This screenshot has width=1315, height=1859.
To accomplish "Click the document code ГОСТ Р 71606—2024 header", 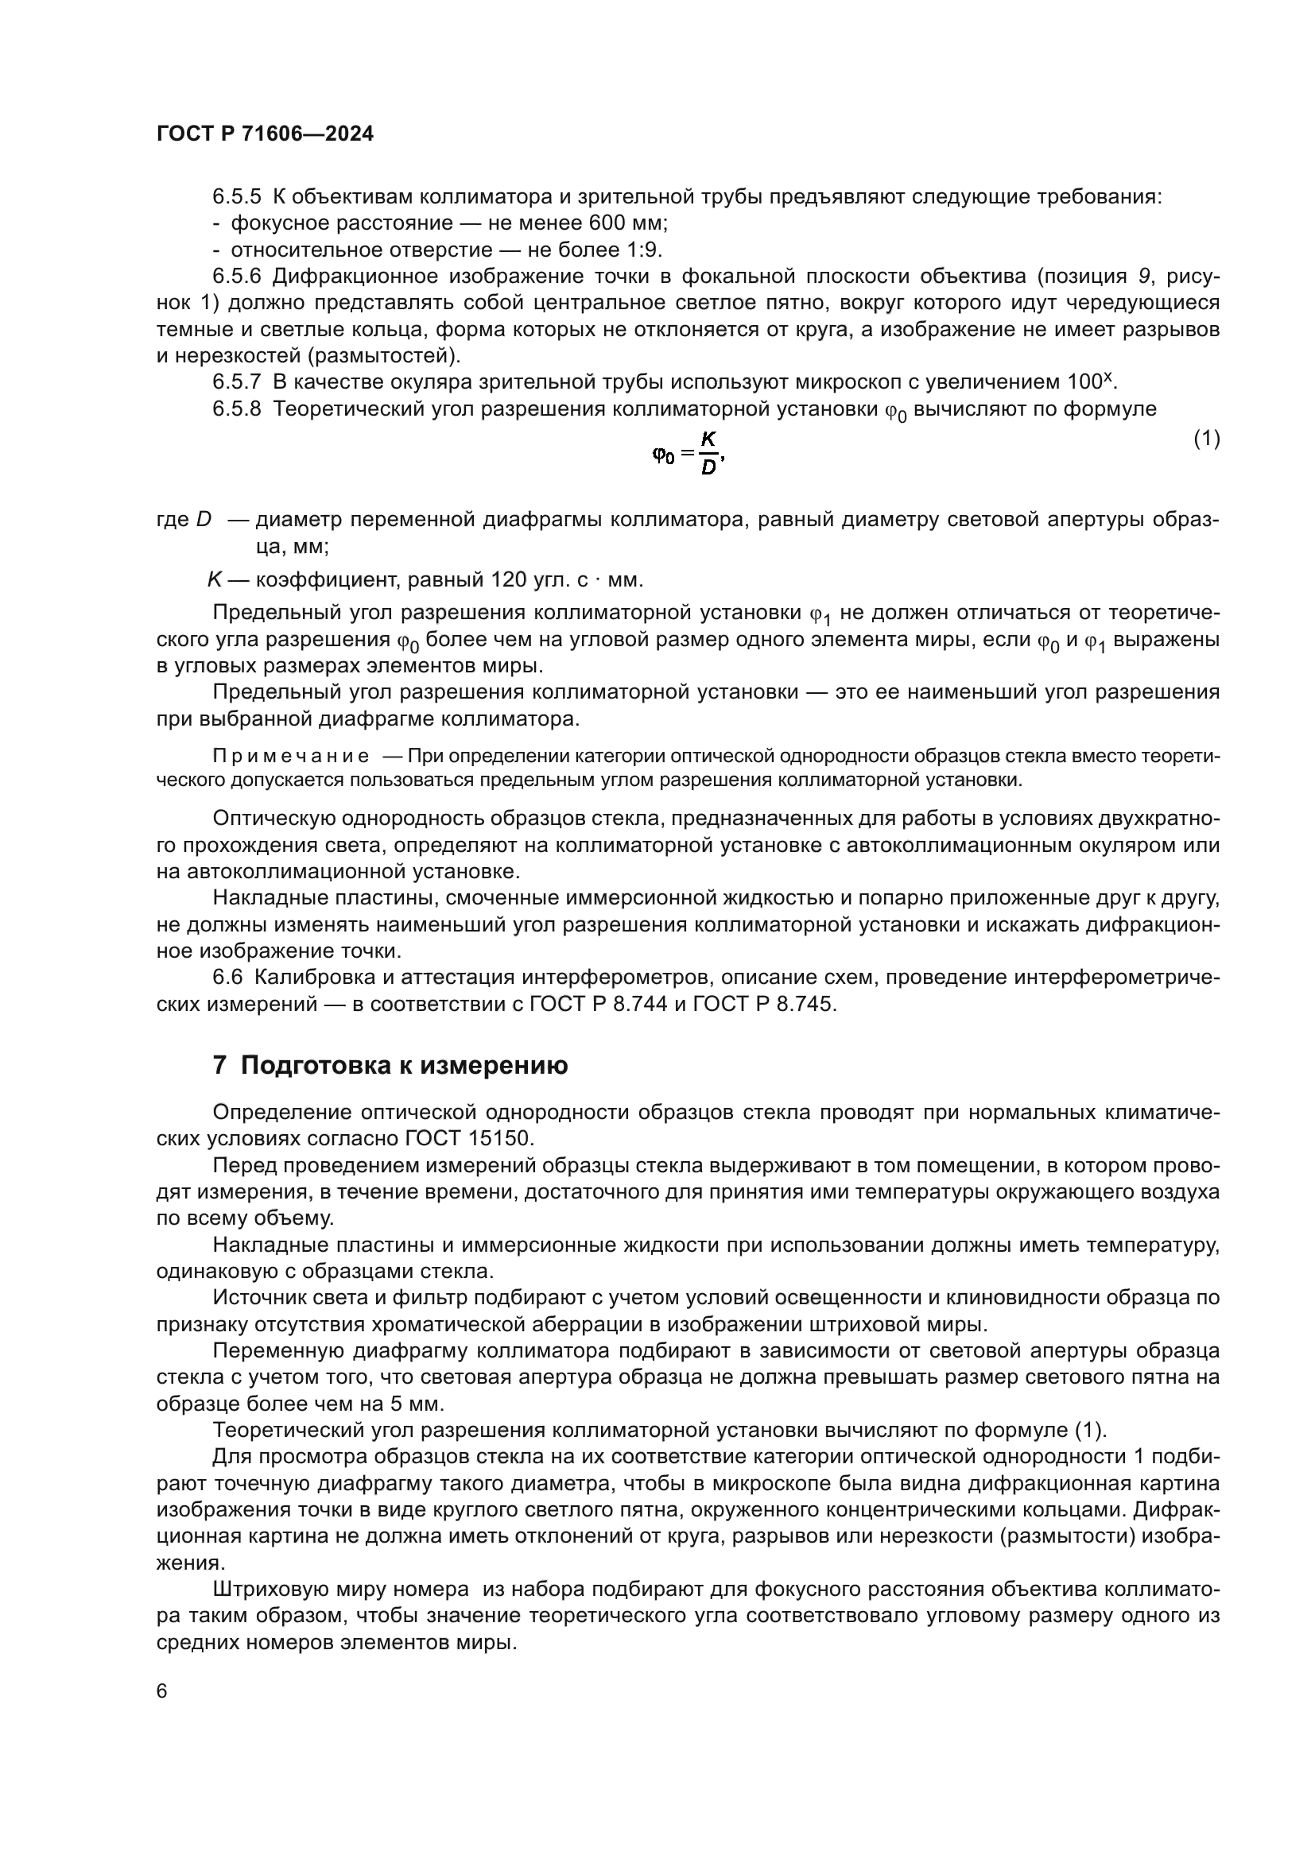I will [265, 134].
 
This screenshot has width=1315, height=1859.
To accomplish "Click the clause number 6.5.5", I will [236, 197].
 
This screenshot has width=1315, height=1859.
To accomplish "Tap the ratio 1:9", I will [645, 250].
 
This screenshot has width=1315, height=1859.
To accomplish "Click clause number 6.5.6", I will [236, 276].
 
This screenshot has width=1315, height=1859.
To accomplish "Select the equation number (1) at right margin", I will [1207, 438].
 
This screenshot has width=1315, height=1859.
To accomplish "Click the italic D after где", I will [204, 520].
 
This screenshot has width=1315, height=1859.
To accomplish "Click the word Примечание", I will [291, 756].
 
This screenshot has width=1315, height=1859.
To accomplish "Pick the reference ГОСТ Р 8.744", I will [599, 1004].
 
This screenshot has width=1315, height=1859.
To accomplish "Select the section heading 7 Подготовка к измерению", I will [390, 1066].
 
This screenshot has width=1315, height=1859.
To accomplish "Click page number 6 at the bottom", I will [162, 1691].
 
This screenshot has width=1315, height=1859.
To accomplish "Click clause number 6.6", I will [227, 978].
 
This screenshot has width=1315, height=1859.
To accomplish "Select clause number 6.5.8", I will [236, 409].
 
